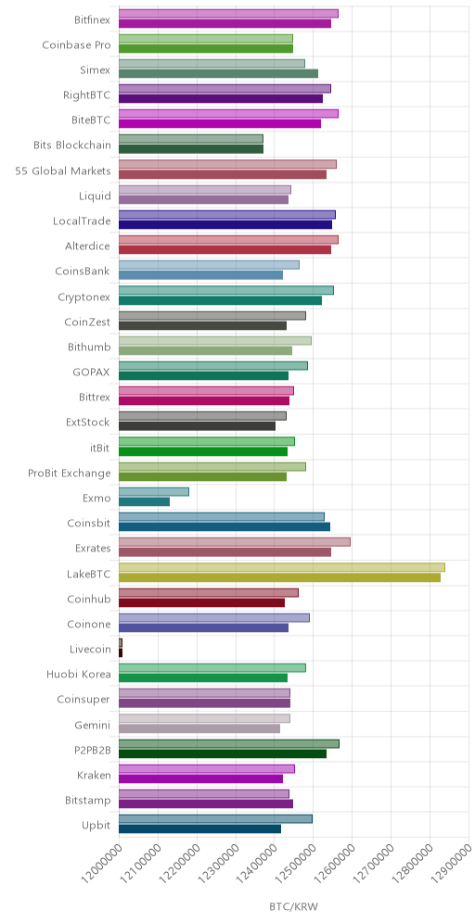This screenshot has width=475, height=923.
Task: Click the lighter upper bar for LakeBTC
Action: [x=282, y=567]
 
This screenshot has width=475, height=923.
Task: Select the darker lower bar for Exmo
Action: [x=145, y=501]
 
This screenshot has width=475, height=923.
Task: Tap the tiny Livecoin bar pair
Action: [x=121, y=648]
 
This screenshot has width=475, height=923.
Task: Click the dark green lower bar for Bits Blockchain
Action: [x=191, y=149]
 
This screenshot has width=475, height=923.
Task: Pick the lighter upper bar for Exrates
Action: [x=235, y=542]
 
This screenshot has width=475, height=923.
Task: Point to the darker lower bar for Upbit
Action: [x=199, y=828]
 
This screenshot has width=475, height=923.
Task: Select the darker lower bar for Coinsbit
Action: [x=225, y=527]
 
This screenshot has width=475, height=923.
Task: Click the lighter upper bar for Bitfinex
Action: [x=228, y=14]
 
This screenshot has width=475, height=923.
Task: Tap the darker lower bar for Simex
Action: [x=219, y=73]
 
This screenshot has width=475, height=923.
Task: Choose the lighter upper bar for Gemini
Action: [x=204, y=718]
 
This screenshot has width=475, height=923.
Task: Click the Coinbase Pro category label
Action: [x=77, y=44]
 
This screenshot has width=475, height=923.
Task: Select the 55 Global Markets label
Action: [x=63, y=171]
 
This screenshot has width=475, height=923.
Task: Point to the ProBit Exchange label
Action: [x=70, y=473]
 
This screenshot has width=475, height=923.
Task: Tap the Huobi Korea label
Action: [x=78, y=674]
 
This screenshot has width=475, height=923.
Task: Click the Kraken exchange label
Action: [x=94, y=775]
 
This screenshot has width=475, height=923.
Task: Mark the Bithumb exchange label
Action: [x=89, y=347]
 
